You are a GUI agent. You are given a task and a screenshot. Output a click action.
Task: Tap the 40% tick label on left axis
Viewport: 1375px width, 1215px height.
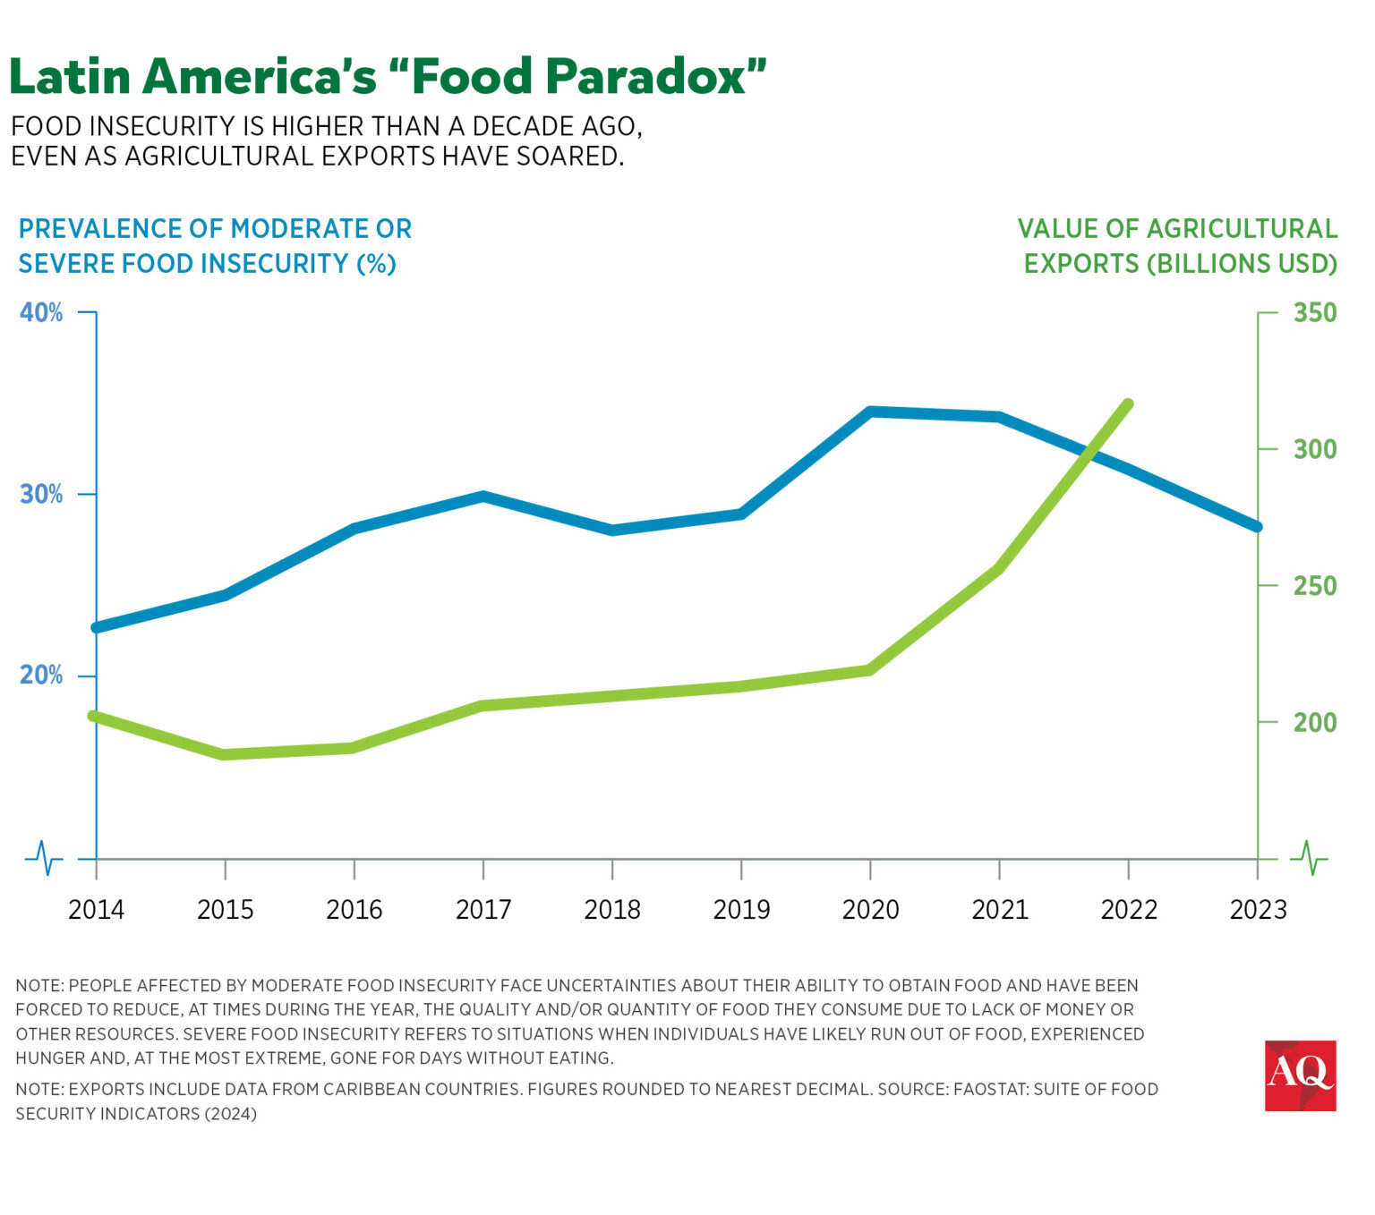(41, 312)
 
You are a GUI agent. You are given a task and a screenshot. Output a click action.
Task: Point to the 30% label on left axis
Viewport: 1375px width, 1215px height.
(41, 494)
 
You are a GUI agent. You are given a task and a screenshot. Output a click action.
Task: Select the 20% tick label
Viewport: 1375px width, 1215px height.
(41, 675)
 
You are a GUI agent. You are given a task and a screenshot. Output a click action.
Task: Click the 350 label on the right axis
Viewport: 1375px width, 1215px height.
(1314, 312)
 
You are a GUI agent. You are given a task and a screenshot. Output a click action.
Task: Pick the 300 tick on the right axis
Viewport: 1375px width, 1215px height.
(1314, 449)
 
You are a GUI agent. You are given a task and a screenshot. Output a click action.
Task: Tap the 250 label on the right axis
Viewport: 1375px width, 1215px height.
(1314, 586)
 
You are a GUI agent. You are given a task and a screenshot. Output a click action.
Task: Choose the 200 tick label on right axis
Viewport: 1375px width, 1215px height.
(1314, 722)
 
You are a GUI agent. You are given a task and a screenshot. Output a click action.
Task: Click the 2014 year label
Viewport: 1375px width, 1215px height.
(96, 910)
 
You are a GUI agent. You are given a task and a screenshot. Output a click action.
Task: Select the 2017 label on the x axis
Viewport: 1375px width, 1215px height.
(483, 910)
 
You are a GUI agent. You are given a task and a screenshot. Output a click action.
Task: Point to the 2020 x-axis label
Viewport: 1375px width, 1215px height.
(870, 910)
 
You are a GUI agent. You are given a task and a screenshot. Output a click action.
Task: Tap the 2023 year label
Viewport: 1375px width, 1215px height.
(1258, 910)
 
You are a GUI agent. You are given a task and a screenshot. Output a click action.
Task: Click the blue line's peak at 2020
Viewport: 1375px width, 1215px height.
(870, 412)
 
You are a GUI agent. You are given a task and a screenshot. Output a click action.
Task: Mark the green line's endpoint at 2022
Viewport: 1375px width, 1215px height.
(1128, 404)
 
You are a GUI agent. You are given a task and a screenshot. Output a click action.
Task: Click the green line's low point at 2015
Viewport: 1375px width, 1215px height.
(225, 754)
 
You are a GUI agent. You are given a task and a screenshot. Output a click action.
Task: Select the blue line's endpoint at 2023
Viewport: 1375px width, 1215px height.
(1257, 527)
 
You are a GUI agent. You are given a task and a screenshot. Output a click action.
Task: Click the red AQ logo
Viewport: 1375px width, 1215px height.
(1300, 1075)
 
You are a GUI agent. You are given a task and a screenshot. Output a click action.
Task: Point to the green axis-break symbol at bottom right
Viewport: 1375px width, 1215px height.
(1309, 858)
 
